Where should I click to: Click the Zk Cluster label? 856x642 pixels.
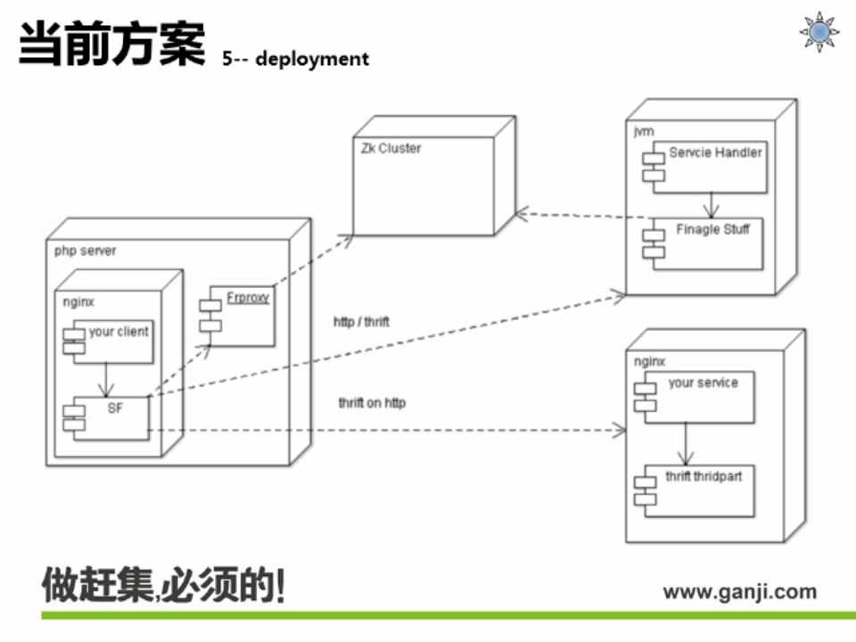click(x=391, y=148)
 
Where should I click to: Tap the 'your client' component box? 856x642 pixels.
click(x=111, y=340)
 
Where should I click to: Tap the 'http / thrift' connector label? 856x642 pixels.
click(x=361, y=322)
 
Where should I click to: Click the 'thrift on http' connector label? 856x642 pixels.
click(x=372, y=403)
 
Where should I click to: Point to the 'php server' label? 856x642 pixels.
click(x=85, y=251)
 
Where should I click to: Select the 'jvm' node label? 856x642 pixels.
click(x=642, y=131)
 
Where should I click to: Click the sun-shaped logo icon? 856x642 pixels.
click(x=819, y=32)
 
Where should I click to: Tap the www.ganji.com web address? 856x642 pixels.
click(x=739, y=591)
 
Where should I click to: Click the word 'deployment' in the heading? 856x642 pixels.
click(x=312, y=59)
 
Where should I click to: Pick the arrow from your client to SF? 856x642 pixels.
click(x=107, y=378)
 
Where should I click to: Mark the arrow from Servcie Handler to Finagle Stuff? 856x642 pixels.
click(x=711, y=204)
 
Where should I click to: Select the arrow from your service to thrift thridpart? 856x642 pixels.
click(x=686, y=443)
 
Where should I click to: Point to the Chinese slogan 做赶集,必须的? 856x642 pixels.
click(x=165, y=586)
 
